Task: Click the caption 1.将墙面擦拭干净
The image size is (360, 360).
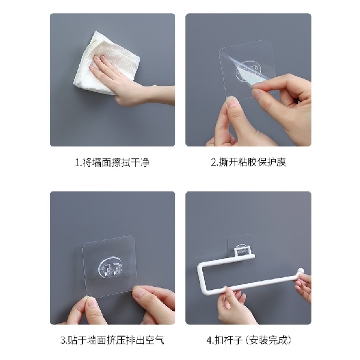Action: coord(112,163)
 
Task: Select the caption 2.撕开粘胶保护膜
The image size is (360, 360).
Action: coord(248,163)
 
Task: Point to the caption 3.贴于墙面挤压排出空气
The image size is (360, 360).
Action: coord(112,340)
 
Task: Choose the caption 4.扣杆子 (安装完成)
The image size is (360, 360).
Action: coord(248,340)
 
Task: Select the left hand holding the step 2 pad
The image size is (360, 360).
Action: coord(225,123)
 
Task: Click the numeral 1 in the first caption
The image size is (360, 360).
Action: coord(77,163)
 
